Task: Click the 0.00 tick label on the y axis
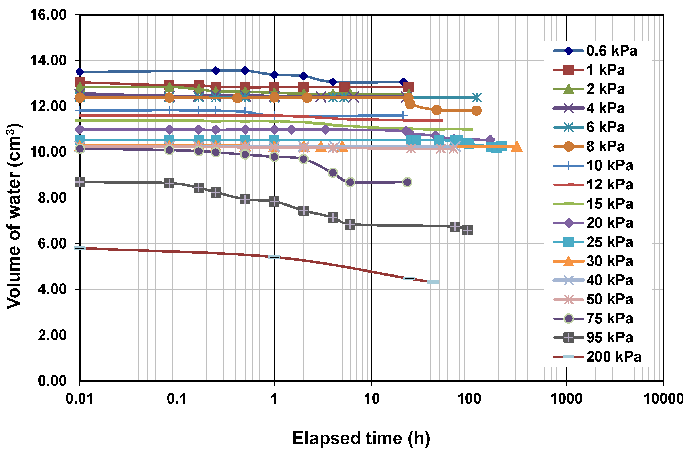pos(52,381)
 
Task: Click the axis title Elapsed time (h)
pos(361,438)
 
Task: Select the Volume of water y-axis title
pos(14,216)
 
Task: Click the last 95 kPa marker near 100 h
pos(467,230)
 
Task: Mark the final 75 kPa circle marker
pos(407,182)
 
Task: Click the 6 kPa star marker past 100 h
pos(477,98)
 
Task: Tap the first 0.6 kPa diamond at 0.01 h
pos(80,72)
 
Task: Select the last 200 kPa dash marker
pos(433,282)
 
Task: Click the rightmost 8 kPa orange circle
pos(477,111)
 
